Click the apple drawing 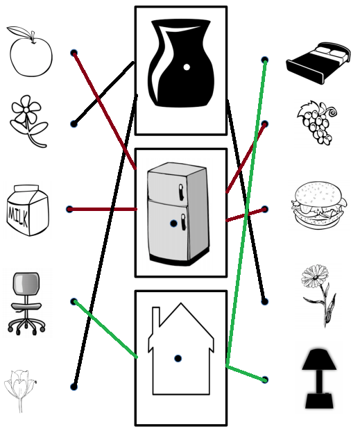coord(31,51)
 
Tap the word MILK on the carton coord(18,215)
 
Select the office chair coord(26,303)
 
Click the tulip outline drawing coord(20,391)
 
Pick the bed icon coord(318,63)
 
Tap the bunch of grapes coord(318,123)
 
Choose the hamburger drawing coord(319,205)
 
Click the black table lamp coord(319,379)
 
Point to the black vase coord(180,62)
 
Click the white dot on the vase coord(187,67)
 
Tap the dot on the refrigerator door coord(173,223)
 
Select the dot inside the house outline coord(178,358)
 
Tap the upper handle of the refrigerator coord(181,192)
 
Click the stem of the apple coord(33,37)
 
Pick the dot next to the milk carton coord(70,209)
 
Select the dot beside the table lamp coord(265,380)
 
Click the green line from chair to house coord(105,329)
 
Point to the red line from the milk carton coord(103,210)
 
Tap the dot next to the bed coord(265,60)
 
